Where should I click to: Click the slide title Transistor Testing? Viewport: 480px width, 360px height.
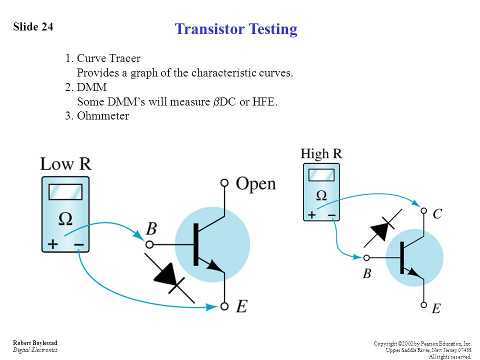tap(236, 29)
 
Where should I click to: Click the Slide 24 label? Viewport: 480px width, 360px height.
tap(33, 26)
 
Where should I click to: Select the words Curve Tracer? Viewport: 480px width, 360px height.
tap(108, 58)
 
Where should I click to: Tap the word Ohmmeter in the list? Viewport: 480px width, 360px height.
tap(103, 115)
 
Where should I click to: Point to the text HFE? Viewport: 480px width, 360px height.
tap(265, 101)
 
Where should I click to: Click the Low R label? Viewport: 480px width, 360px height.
tap(66, 164)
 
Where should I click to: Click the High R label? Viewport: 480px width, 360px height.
tap(321, 153)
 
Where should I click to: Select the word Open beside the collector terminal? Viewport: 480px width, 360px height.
tap(256, 184)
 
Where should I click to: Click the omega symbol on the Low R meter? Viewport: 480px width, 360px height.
tap(65, 219)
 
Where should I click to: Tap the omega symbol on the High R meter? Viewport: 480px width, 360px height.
tap(321, 195)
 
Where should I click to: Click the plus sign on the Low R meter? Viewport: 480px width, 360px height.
tap(52, 244)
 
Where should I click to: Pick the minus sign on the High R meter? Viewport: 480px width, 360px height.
tap(331, 215)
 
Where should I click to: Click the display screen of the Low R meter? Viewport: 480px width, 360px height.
tap(65, 192)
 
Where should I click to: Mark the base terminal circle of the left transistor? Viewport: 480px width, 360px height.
tap(149, 244)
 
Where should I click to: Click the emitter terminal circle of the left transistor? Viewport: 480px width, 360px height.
tap(224, 306)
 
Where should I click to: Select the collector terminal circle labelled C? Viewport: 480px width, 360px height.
tap(423, 210)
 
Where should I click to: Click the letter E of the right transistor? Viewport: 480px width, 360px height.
tap(436, 308)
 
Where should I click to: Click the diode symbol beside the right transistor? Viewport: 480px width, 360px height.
tap(382, 228)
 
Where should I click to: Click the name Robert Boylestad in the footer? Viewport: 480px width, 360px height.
tap(35, 343)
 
